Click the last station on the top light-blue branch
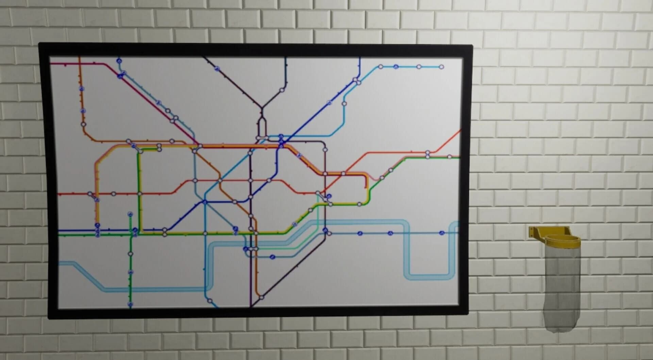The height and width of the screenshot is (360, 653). tap(441, 67)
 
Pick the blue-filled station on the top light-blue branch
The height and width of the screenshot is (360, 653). tap(396, 67)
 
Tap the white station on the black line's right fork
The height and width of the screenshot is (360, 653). tap(282, 90)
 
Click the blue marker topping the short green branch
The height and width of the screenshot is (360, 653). tap(130, 214)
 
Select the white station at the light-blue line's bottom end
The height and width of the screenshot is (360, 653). tap(210, 301)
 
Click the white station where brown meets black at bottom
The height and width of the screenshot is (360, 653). tap(261, 297)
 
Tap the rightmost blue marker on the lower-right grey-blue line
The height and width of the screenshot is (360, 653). tap(441, 233)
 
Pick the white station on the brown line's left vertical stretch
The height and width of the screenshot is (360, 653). tap(83, 124)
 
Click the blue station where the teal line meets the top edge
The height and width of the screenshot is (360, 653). tap(119, 61)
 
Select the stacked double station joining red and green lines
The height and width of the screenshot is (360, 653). tap(428, 154)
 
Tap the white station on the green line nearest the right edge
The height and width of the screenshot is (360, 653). tap(449, 157)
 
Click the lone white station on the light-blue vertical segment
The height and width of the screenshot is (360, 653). tap(344, 104)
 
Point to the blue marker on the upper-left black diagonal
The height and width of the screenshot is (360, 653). tap(217, 69)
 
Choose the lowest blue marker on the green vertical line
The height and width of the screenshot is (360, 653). tap(130, 304)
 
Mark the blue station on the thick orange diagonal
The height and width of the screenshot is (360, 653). tap(299, 156)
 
